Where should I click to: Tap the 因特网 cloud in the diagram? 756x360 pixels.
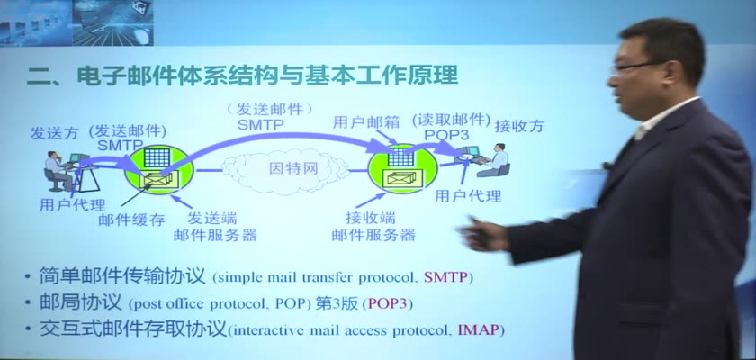click(285, 170)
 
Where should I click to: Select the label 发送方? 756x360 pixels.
click(54, 133)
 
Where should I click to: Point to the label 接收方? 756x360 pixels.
click(520, 126)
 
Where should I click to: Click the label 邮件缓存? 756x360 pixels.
click(132, 220)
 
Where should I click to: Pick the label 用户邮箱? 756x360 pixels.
click(366, 123)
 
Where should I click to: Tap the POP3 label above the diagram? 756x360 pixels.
click(447, 135)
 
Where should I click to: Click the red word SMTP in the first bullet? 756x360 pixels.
click(446, 277)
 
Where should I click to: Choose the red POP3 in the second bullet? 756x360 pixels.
click(388, 304)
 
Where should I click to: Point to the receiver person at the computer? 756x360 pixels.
click(495, 160)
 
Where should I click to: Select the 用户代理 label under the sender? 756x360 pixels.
click(72, 205)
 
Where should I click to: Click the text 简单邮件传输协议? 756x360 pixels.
click(122, 276)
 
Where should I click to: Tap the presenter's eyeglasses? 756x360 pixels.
click(636, 66)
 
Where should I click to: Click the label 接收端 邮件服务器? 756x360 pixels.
click(373, 227)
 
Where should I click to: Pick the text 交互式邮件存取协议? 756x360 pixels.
click(133, 329)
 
